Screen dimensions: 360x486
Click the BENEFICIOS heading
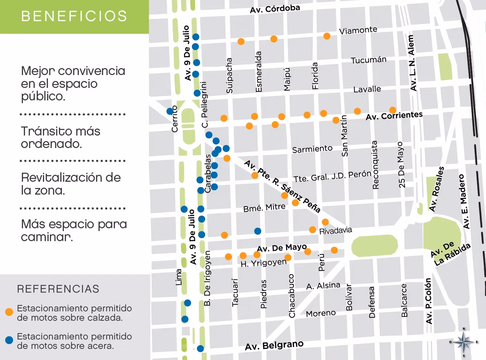[74, 16]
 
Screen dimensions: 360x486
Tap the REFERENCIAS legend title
[58, 289]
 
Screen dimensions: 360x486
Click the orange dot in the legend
[9, 312]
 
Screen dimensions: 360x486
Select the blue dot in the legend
[9, 340]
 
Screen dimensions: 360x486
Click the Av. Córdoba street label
[275, 9]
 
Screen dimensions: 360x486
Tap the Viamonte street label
[358, 30]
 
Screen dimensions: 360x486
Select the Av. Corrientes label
[394, 116]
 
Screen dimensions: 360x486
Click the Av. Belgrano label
[274, 345]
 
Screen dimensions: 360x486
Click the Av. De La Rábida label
[450, 253]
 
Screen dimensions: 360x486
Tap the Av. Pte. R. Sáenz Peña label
[282, 186]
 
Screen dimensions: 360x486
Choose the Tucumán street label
[368, 60]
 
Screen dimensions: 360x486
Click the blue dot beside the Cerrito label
[170, 111]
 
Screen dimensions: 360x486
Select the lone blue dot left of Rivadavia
[258, 231]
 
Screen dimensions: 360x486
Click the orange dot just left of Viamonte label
[327, 36]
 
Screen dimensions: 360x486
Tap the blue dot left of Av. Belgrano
[200, 349]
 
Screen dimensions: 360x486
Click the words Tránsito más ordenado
[60, 137]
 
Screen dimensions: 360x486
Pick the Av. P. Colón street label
[429, 301]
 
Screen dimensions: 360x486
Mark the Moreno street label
[321, 313]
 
